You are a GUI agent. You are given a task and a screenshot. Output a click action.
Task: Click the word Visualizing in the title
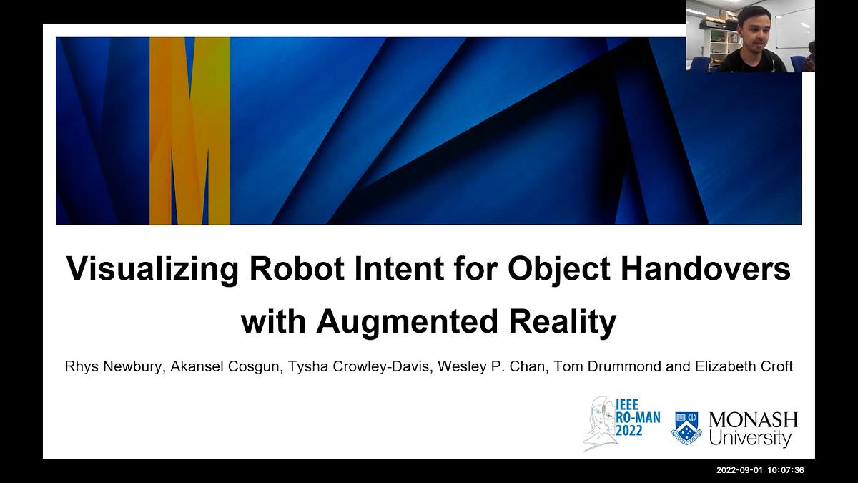[x=153, y=269]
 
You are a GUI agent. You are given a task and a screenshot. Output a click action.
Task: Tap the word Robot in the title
[x=297, y=268]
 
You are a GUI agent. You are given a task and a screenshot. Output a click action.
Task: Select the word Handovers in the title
[x=706, y=268]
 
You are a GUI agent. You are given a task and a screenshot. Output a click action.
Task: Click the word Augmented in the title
[x=406, y=322]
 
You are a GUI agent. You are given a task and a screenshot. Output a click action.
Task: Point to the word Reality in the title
[x=562, y=322]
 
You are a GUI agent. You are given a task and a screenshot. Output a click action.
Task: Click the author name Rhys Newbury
[x=114, y=367]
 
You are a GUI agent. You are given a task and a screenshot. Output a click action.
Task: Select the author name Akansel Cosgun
[x=225, y=367]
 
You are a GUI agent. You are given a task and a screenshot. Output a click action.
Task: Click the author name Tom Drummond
[x=608, y=366]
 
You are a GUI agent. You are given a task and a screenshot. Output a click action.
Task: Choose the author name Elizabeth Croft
[x=744, y=366]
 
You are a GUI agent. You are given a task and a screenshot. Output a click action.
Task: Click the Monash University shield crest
[x=687, y=428]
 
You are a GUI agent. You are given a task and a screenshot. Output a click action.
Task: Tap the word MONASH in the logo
[x=754, y=421]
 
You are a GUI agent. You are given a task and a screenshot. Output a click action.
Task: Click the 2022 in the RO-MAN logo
[x=629, y=431]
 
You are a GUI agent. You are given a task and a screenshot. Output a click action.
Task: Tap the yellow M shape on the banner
[x=189, y=131]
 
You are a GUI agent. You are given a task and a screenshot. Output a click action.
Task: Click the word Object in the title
[x=559, y=270]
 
